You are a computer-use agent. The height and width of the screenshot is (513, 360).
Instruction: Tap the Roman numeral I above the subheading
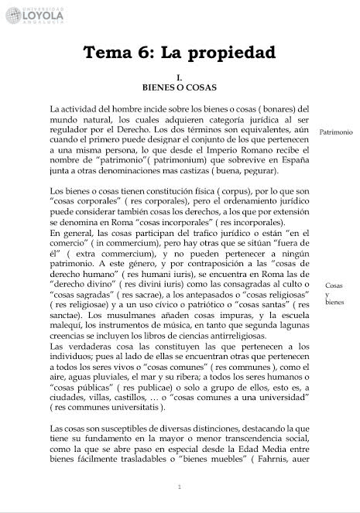(179, 77)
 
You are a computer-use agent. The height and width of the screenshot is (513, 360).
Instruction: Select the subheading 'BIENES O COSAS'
(179, 87)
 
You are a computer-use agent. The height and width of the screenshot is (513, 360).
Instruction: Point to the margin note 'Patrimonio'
(335, 132)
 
